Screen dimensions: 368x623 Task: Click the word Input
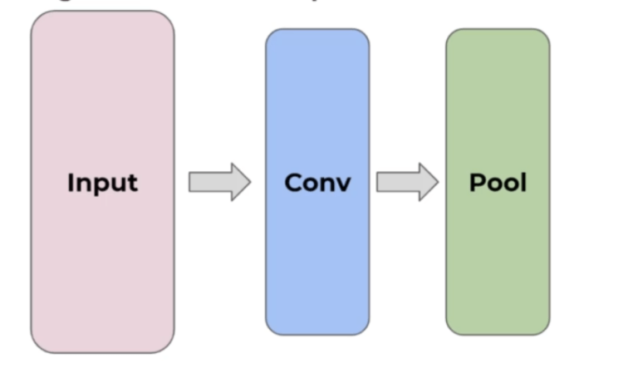click(102, 183)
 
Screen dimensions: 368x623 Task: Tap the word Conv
click(317, 183)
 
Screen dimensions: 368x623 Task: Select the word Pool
click(498, 182)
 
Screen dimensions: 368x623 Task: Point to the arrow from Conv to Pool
click(407, 182)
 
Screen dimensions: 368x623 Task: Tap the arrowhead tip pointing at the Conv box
click(249, 182)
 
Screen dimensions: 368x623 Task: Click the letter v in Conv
click(343, 184)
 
